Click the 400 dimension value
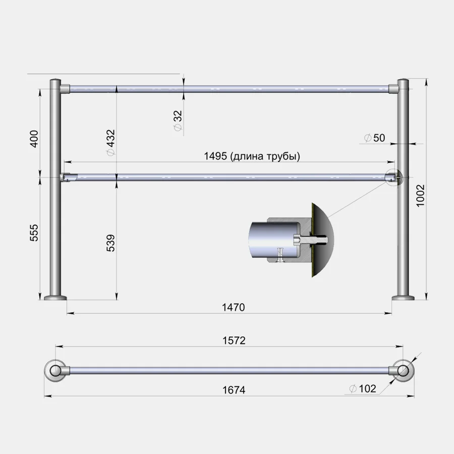[34, 139]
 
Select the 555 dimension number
[34, 233]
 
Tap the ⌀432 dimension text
[110, 143]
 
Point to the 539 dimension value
[110, 243]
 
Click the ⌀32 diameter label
[178, 121]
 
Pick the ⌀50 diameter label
[375, 138]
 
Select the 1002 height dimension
[420, 196]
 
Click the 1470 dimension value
[234, 307]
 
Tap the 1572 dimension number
[234, 340]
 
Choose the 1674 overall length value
[234, 390]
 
